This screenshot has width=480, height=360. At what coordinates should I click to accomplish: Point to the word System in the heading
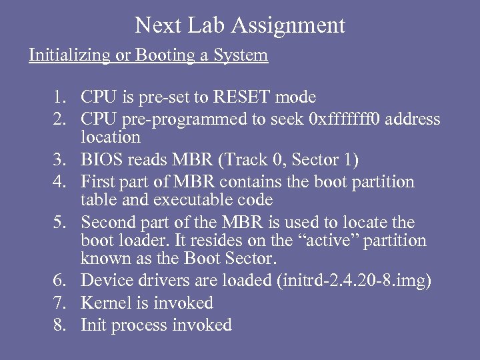click(x=241, y=55)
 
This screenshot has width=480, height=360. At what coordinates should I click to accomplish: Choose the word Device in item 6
click(x=105, y=281)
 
